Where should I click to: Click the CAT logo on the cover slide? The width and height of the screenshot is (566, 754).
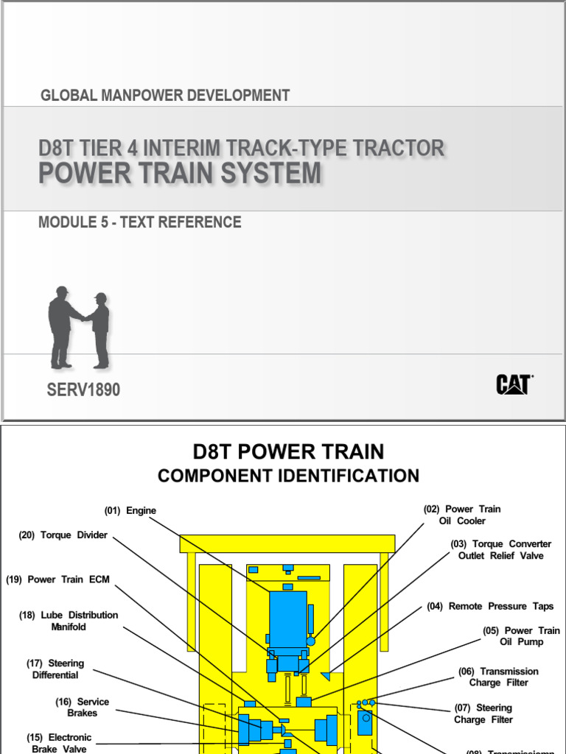(x=514, y=384)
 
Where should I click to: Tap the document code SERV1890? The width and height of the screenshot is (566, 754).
(x=83, y=390)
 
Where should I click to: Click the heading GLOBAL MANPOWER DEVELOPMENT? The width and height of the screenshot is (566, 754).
(x=165, y=95)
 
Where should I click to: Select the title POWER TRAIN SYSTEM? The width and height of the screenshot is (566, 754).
(x=180, y=174)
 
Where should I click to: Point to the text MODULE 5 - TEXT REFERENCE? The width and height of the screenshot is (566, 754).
(x=140, y=222)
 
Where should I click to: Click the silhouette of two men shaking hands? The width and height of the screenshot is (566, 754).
(x=78, y=327)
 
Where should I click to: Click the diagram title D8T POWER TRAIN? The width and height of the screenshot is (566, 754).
(x=288, y=451)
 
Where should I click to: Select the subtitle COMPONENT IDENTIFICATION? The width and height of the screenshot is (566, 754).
(x=288, y=476)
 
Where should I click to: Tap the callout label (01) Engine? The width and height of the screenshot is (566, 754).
(x=130, y=510)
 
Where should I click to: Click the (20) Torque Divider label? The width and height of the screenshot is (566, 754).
(x=63, y=535)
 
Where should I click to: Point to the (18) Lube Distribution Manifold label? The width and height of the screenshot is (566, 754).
(x=69, y=621)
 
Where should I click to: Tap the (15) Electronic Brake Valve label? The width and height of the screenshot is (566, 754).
(x=59, y=743)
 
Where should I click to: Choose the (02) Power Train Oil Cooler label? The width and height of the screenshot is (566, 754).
(x=462, y=515)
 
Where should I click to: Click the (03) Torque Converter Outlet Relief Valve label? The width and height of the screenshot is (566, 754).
(x=501, y=550)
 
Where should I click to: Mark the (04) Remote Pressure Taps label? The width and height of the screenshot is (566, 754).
(x=490, y=606)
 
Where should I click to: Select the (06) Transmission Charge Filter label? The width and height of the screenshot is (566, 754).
(x=498, y=677)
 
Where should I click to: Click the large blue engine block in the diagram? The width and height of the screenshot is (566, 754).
(x=288, y=619)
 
